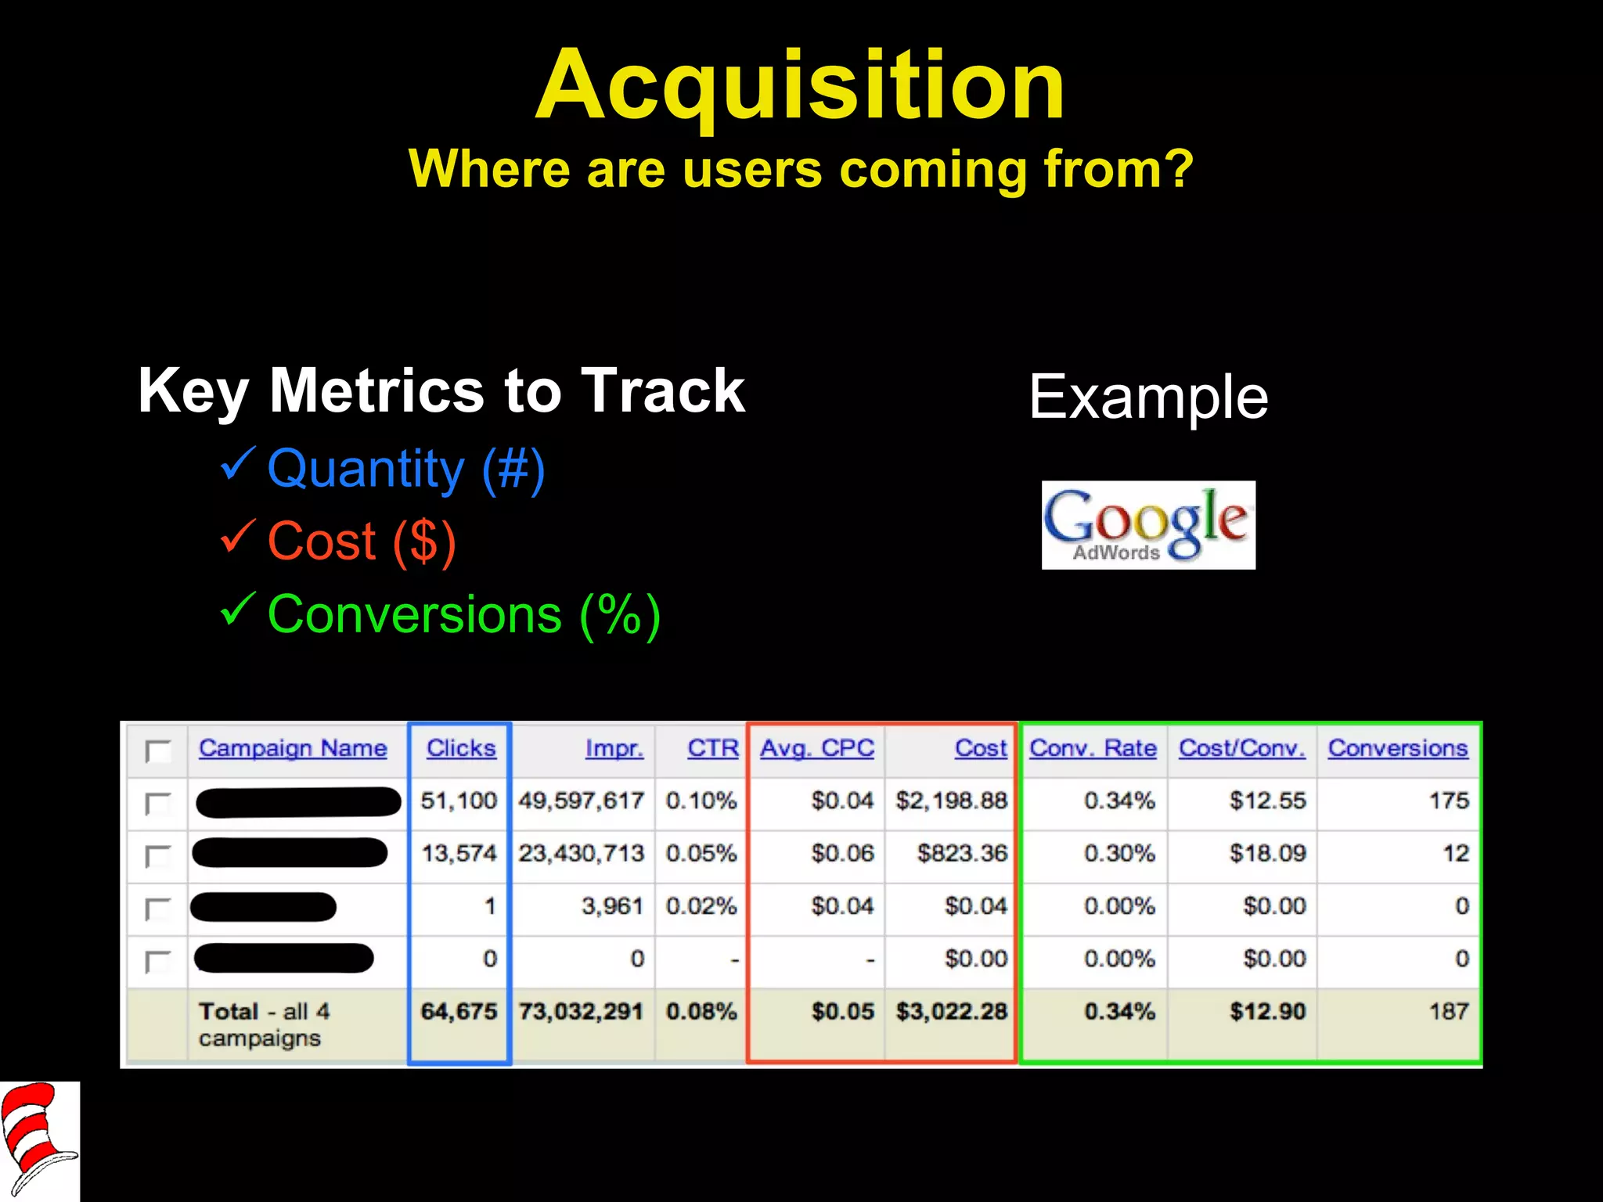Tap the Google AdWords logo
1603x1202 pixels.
coord(1147,524)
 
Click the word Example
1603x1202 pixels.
coord(1147,397)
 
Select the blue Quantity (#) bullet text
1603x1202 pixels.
coord(405,469)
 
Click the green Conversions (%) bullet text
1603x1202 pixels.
coord(463,614)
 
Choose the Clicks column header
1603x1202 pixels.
coord(460,748)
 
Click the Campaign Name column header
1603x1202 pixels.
coord(293,748)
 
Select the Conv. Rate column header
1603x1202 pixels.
coord(1093,748)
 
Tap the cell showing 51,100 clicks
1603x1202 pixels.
coord(459,801)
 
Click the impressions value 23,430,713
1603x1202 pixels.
coord(581,853)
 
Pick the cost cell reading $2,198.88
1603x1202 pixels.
coord(951,801)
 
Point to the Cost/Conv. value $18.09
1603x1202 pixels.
coord(1267,853)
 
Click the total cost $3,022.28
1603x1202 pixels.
coord(951,1011)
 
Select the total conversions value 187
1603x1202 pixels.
coord(1449,1011)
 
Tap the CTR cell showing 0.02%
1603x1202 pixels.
coord(701,906)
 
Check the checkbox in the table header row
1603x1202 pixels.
coord(158,750)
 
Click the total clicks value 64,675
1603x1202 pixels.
coord(459,1011)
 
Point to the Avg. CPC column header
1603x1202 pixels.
coord(817,748)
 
